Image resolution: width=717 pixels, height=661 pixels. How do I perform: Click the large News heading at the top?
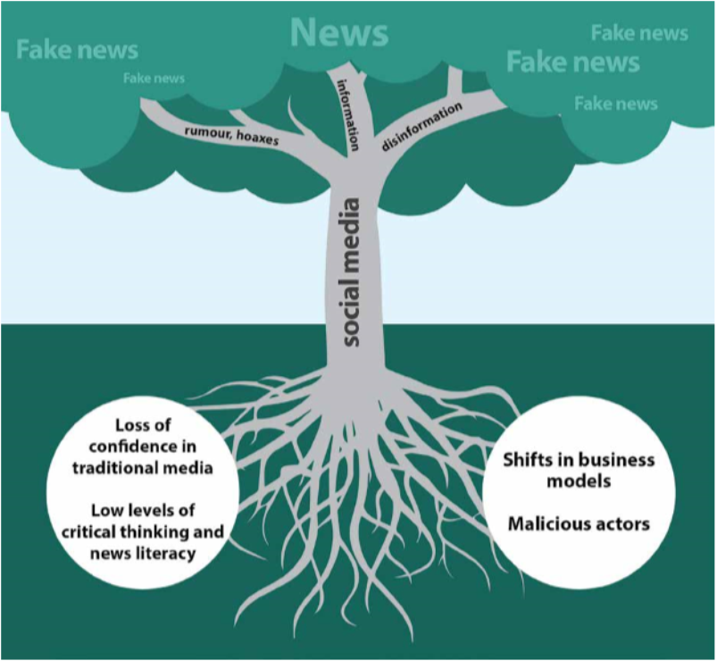coord(339,33)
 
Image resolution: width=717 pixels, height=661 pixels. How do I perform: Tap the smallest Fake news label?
coord(154,79)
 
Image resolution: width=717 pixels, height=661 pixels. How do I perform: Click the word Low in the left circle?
coord(108,510)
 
